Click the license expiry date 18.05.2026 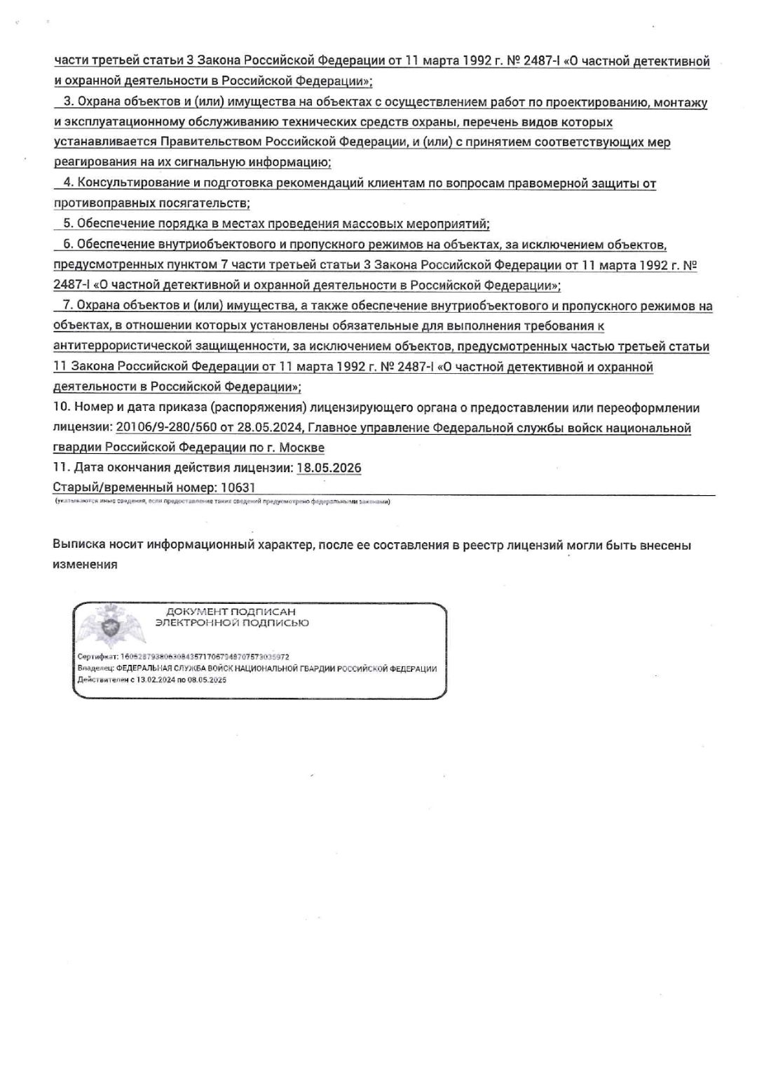[x=329, y=468]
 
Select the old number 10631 [x=238, y=487]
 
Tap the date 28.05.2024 [x=275, y=428]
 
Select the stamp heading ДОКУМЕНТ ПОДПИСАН [x=231, y=612]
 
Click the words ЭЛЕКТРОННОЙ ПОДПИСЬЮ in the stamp [x=232, y=623]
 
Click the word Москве [x=304, y=447]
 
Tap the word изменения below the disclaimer [x=85, y=565]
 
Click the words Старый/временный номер [x=133, y=487]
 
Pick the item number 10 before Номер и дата [x=60, y=408]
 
